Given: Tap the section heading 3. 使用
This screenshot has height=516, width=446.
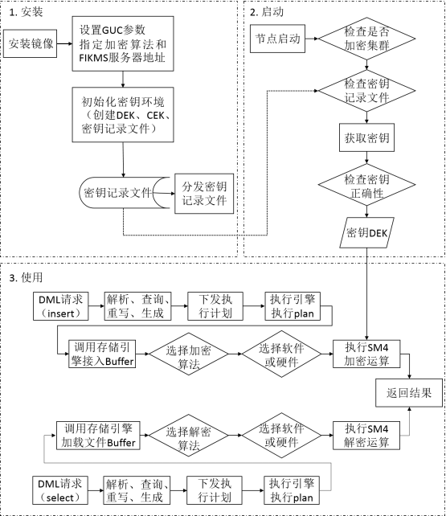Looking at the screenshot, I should coord(25,276).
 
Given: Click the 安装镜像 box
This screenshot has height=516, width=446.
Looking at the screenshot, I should coord(31,43).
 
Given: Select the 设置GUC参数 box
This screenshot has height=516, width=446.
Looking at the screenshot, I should coord(122,42).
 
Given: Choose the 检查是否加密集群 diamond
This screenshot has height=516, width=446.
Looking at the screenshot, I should coord(366,38).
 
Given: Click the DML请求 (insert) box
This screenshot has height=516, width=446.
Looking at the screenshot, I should coord(63,306).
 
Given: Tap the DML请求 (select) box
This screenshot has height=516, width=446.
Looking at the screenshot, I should coord(63,489).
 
